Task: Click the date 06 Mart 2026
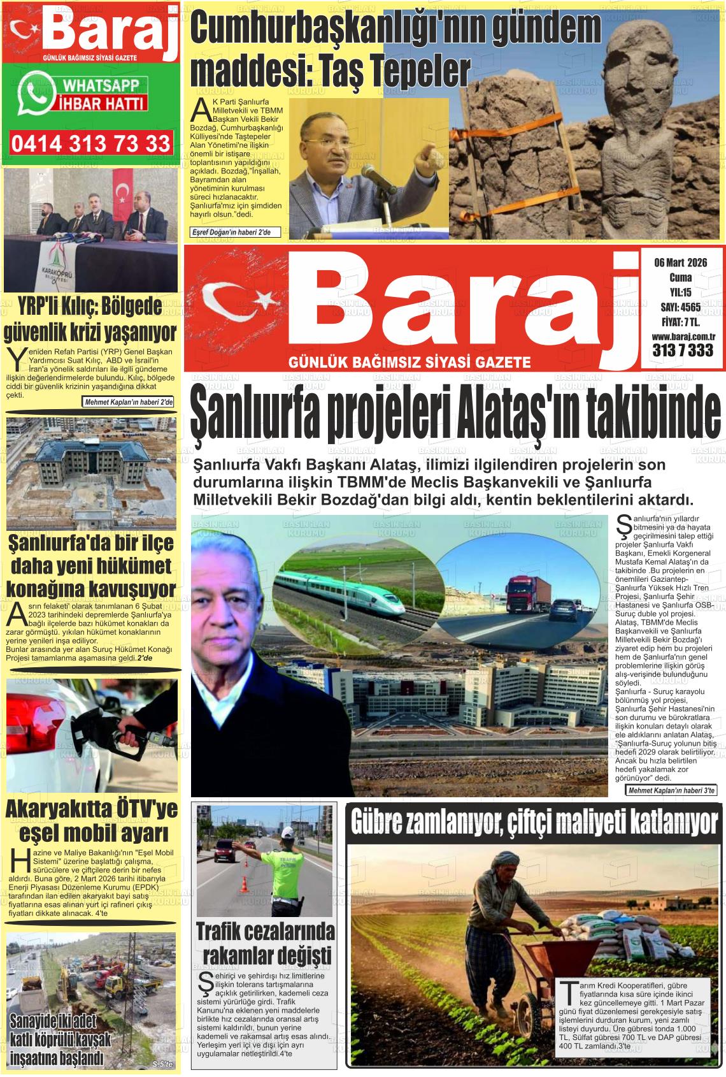pos(680,263)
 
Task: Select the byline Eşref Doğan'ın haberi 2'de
pos(232,233)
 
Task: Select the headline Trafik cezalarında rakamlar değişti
pos(265,944)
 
